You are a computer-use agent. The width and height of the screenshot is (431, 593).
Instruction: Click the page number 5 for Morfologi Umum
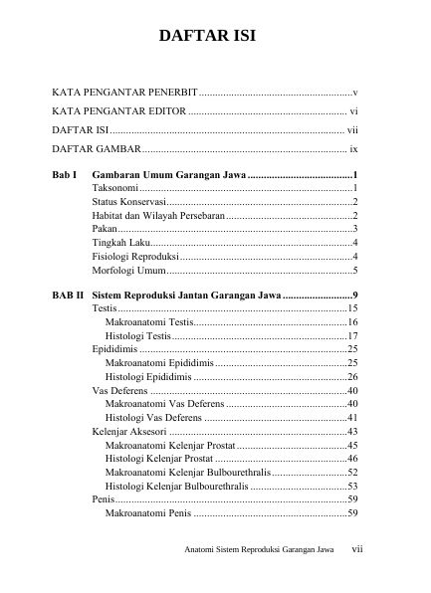tap(354, 271)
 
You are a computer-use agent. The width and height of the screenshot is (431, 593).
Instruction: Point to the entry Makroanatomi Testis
tap(149, 323)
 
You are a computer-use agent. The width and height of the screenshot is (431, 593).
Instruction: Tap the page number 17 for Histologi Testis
tap(351, 337)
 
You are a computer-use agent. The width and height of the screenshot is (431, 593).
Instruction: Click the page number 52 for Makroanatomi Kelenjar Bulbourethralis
tap(351, 473)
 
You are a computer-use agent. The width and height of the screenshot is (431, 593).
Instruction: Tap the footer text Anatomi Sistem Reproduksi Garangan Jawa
tap(259, 549)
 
